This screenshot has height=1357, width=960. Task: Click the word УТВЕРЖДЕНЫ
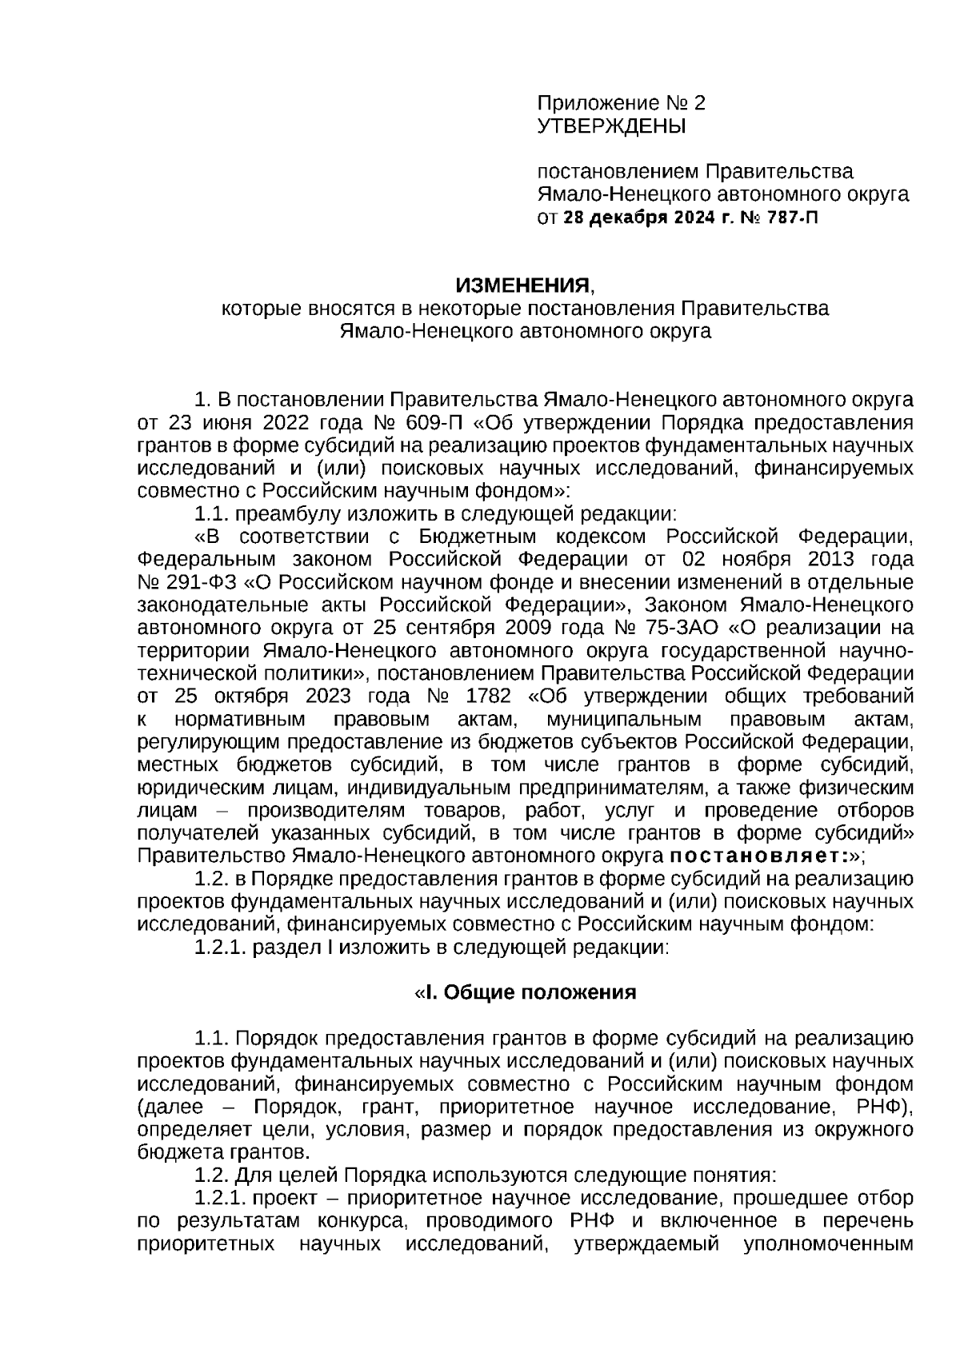(x=611, y=126)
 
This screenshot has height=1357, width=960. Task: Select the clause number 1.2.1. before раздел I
(x=221, y=948)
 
